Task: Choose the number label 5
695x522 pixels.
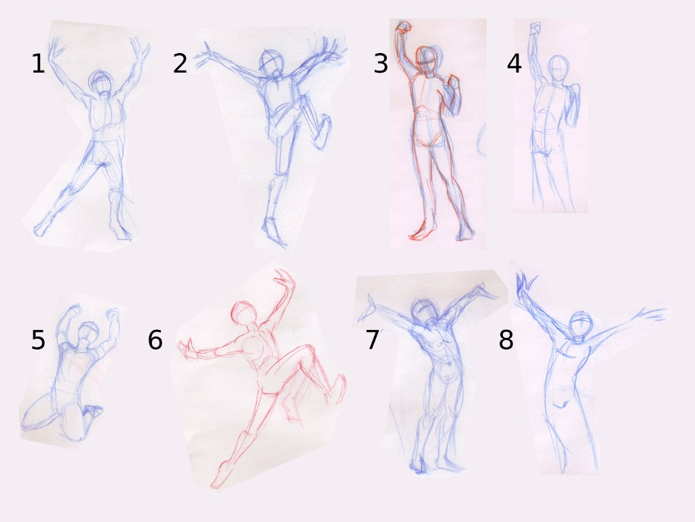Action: (x=38, y=340)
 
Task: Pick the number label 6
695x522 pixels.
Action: (x=155, y=340)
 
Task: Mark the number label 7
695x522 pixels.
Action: (x=373, y=340)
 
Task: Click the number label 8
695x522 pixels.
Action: (x=506, y=340)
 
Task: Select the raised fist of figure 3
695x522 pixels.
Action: (x=403, y=27)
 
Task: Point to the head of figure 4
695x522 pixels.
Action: (x=558, y=68)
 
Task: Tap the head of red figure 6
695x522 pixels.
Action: (x=244, y=313)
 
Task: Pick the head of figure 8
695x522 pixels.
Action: (x=581, y=325)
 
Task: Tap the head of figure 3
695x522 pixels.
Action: (x=427, y=60)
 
